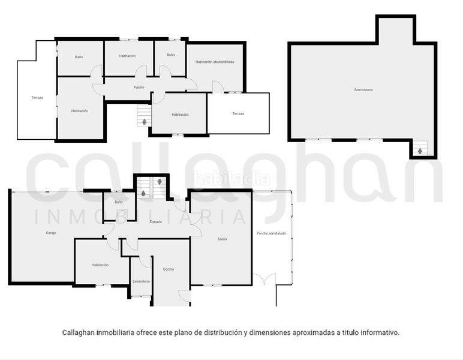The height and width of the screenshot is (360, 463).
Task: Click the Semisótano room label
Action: (363, 90)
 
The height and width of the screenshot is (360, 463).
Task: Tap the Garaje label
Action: (51, 233)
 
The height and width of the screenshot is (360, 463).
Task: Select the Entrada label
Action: (155, 222)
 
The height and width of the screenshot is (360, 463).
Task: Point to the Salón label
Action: (222, 239)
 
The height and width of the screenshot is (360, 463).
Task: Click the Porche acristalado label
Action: (271, 233)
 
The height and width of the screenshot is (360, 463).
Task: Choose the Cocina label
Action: (169, 269)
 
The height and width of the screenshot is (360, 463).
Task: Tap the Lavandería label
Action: (140, 281)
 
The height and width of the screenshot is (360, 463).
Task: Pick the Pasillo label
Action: (139, 88)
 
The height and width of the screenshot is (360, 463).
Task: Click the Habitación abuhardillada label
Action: (215, 62)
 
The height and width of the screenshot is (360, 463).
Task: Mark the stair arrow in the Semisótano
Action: (420, 150)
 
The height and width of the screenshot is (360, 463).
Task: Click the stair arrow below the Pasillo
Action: (143, 122)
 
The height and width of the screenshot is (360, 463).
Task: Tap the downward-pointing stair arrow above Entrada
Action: (159, 181)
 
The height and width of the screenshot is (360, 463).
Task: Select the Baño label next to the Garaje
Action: (119, 202)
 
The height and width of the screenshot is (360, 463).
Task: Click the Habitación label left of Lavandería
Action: (100, 265)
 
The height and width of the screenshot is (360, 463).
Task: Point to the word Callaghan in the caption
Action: (82, 332)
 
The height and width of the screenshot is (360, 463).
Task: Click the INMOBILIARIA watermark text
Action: (141, 217)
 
